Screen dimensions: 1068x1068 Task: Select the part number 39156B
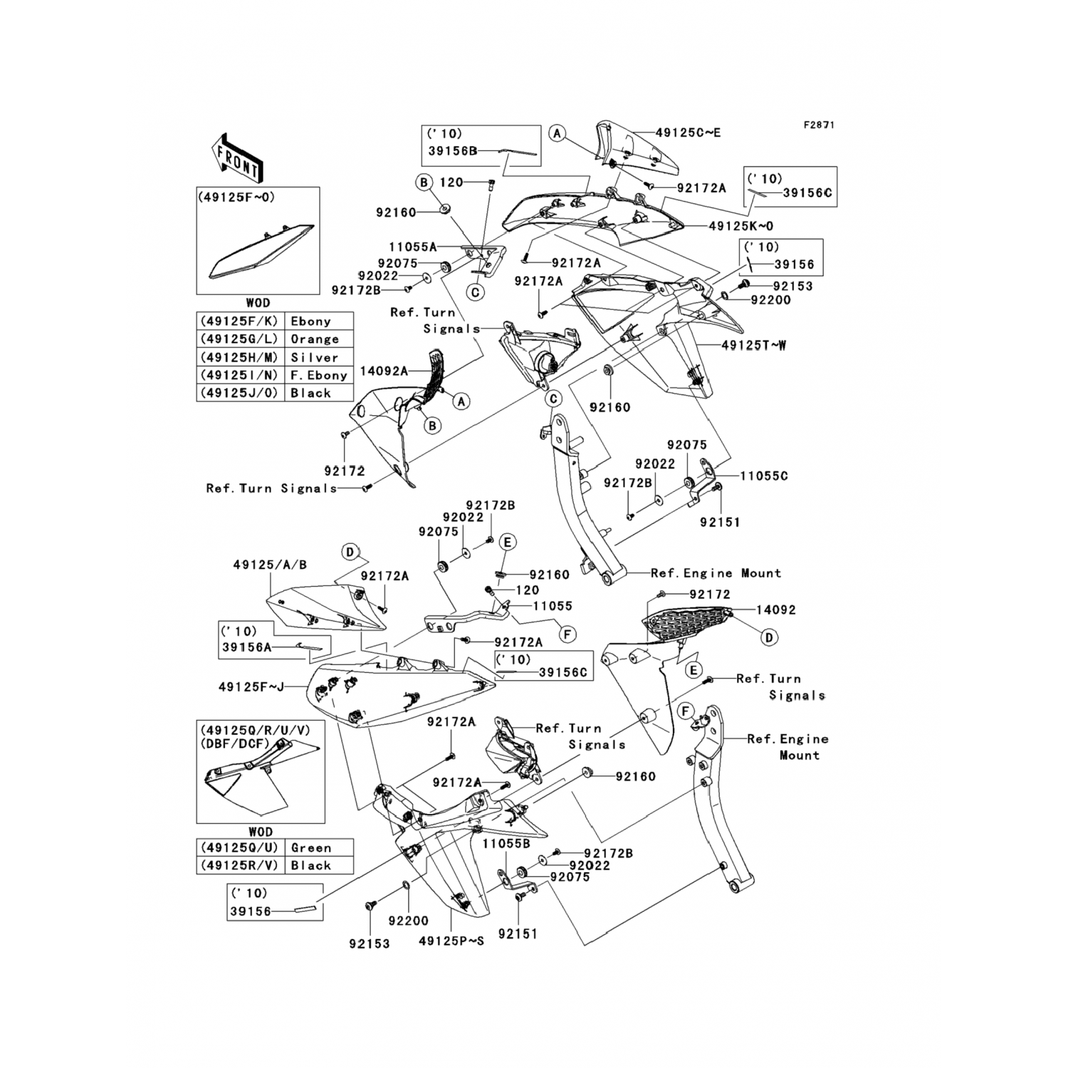pyautogui.click(x=452, y=151)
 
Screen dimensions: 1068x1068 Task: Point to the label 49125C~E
pyautogui.click(x=688, y=132)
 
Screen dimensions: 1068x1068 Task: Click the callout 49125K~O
pyautogui.click(x=740, y=226)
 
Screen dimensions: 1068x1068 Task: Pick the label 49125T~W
pyautogui.click(x=754, y=345)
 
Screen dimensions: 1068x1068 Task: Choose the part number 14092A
pyautogui.click(x=384, y=370)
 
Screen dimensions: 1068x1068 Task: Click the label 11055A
pyautogui.click(x=413, y=247)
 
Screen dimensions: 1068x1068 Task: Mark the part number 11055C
pyautogui.click(x=764, y=476)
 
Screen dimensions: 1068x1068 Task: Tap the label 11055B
pyautogui.click(x=506, y=843)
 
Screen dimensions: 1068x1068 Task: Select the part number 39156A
pyautogui.click(x=246, y=647)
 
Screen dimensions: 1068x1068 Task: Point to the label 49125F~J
pyautogui.click(x=251, y=687)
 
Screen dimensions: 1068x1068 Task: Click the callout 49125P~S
pyautogui.click(x=451, y=941)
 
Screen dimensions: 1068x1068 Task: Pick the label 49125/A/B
pyautogui.click(x=270, y=565)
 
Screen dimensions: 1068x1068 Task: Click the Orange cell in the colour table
pyautogui.click(x=315, y=340)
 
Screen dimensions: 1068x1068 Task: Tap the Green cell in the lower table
pyautogui.click(x=311, y=848)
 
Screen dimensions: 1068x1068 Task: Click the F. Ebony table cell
pyautogui.click(x=318, y=375)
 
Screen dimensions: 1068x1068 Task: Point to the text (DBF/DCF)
pyautogui.click(x=235, y=744)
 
